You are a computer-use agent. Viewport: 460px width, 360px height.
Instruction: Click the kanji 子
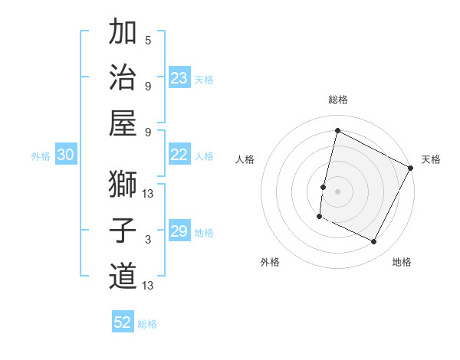tap(123, 231)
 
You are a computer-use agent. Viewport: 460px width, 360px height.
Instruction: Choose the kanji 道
tap(123, 276)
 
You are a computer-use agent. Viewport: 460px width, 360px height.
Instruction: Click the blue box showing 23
tap(179, 78)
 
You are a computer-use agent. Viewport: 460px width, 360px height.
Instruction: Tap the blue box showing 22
tap(179, 155)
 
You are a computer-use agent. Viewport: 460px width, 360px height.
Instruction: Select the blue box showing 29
tap(179, 231)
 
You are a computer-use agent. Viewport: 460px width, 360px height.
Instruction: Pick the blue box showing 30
tap(66, 155)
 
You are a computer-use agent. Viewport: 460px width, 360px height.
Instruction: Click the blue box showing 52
tap(123, 322)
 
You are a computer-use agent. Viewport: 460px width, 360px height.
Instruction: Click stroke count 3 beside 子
tap(147, 240)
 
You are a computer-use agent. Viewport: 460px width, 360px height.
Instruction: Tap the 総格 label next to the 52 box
tap(147, 324)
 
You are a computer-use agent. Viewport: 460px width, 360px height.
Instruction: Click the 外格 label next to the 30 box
tap(41, 156)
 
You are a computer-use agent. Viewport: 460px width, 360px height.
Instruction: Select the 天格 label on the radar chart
tap(431, 159)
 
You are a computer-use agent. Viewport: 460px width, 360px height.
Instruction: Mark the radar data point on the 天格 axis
tap(411, 168)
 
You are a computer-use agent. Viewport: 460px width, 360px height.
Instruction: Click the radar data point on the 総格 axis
tap(337, 131)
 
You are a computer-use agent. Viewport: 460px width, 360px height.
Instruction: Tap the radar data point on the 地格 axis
tap(374, 242)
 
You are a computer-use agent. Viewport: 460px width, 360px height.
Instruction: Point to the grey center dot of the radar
tap(337, 191)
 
